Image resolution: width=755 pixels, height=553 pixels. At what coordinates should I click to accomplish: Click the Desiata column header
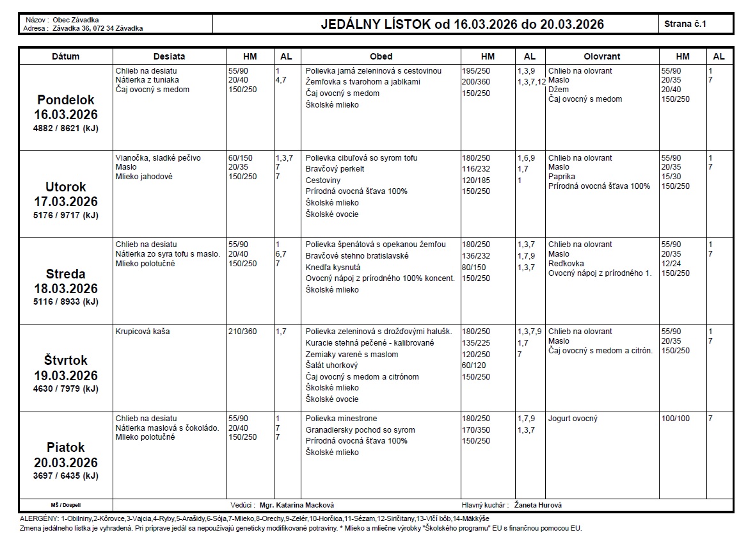169,56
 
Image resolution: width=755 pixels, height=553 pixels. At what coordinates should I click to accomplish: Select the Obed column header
381,56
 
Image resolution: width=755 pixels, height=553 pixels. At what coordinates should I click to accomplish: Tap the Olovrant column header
601,56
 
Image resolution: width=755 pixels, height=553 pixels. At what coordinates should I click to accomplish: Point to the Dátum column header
66,56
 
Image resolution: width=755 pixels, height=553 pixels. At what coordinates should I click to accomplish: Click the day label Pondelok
66,100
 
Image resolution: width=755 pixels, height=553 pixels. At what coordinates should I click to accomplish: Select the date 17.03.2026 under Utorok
66,202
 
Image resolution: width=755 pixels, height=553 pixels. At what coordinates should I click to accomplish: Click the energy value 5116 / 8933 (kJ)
66,302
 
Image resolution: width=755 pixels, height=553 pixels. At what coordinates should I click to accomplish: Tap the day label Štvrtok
66,360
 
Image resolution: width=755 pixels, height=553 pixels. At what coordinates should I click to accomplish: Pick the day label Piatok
66,447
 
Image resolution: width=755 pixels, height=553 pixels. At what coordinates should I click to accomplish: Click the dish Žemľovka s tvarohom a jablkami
363,82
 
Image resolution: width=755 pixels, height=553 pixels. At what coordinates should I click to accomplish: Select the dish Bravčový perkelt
335,169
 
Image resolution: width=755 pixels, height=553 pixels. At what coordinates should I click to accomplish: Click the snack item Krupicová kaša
143,332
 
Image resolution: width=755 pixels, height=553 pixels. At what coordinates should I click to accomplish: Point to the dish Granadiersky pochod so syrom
360,430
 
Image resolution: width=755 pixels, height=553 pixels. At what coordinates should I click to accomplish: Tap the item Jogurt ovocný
573,419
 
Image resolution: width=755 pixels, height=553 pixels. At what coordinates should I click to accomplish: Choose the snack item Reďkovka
566,264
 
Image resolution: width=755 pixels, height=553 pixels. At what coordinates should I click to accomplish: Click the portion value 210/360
242,332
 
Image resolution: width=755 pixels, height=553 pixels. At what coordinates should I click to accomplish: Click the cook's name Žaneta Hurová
538,505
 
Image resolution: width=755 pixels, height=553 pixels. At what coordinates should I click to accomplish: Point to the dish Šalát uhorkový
331,365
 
